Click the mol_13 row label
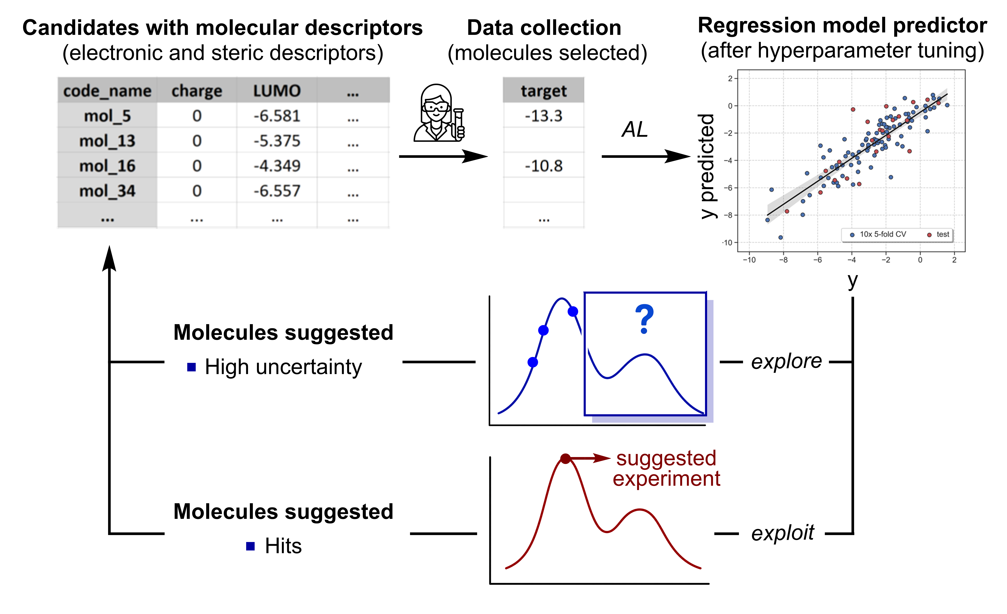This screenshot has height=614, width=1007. click(107, 141)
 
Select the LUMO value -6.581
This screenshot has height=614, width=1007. click(277, 116)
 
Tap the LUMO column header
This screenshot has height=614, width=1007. click(277, 91)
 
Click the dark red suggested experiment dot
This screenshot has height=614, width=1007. click(565, 459)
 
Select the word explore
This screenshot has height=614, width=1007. click(786, 361)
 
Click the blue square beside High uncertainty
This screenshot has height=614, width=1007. click(191, 367)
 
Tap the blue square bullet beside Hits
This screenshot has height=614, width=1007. click(251, 546)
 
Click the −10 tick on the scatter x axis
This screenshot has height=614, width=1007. click(749, 260)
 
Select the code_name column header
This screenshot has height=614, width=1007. click(107, 91)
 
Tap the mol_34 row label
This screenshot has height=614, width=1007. click(107, 191)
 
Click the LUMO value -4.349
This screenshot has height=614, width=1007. click(277, 166)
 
